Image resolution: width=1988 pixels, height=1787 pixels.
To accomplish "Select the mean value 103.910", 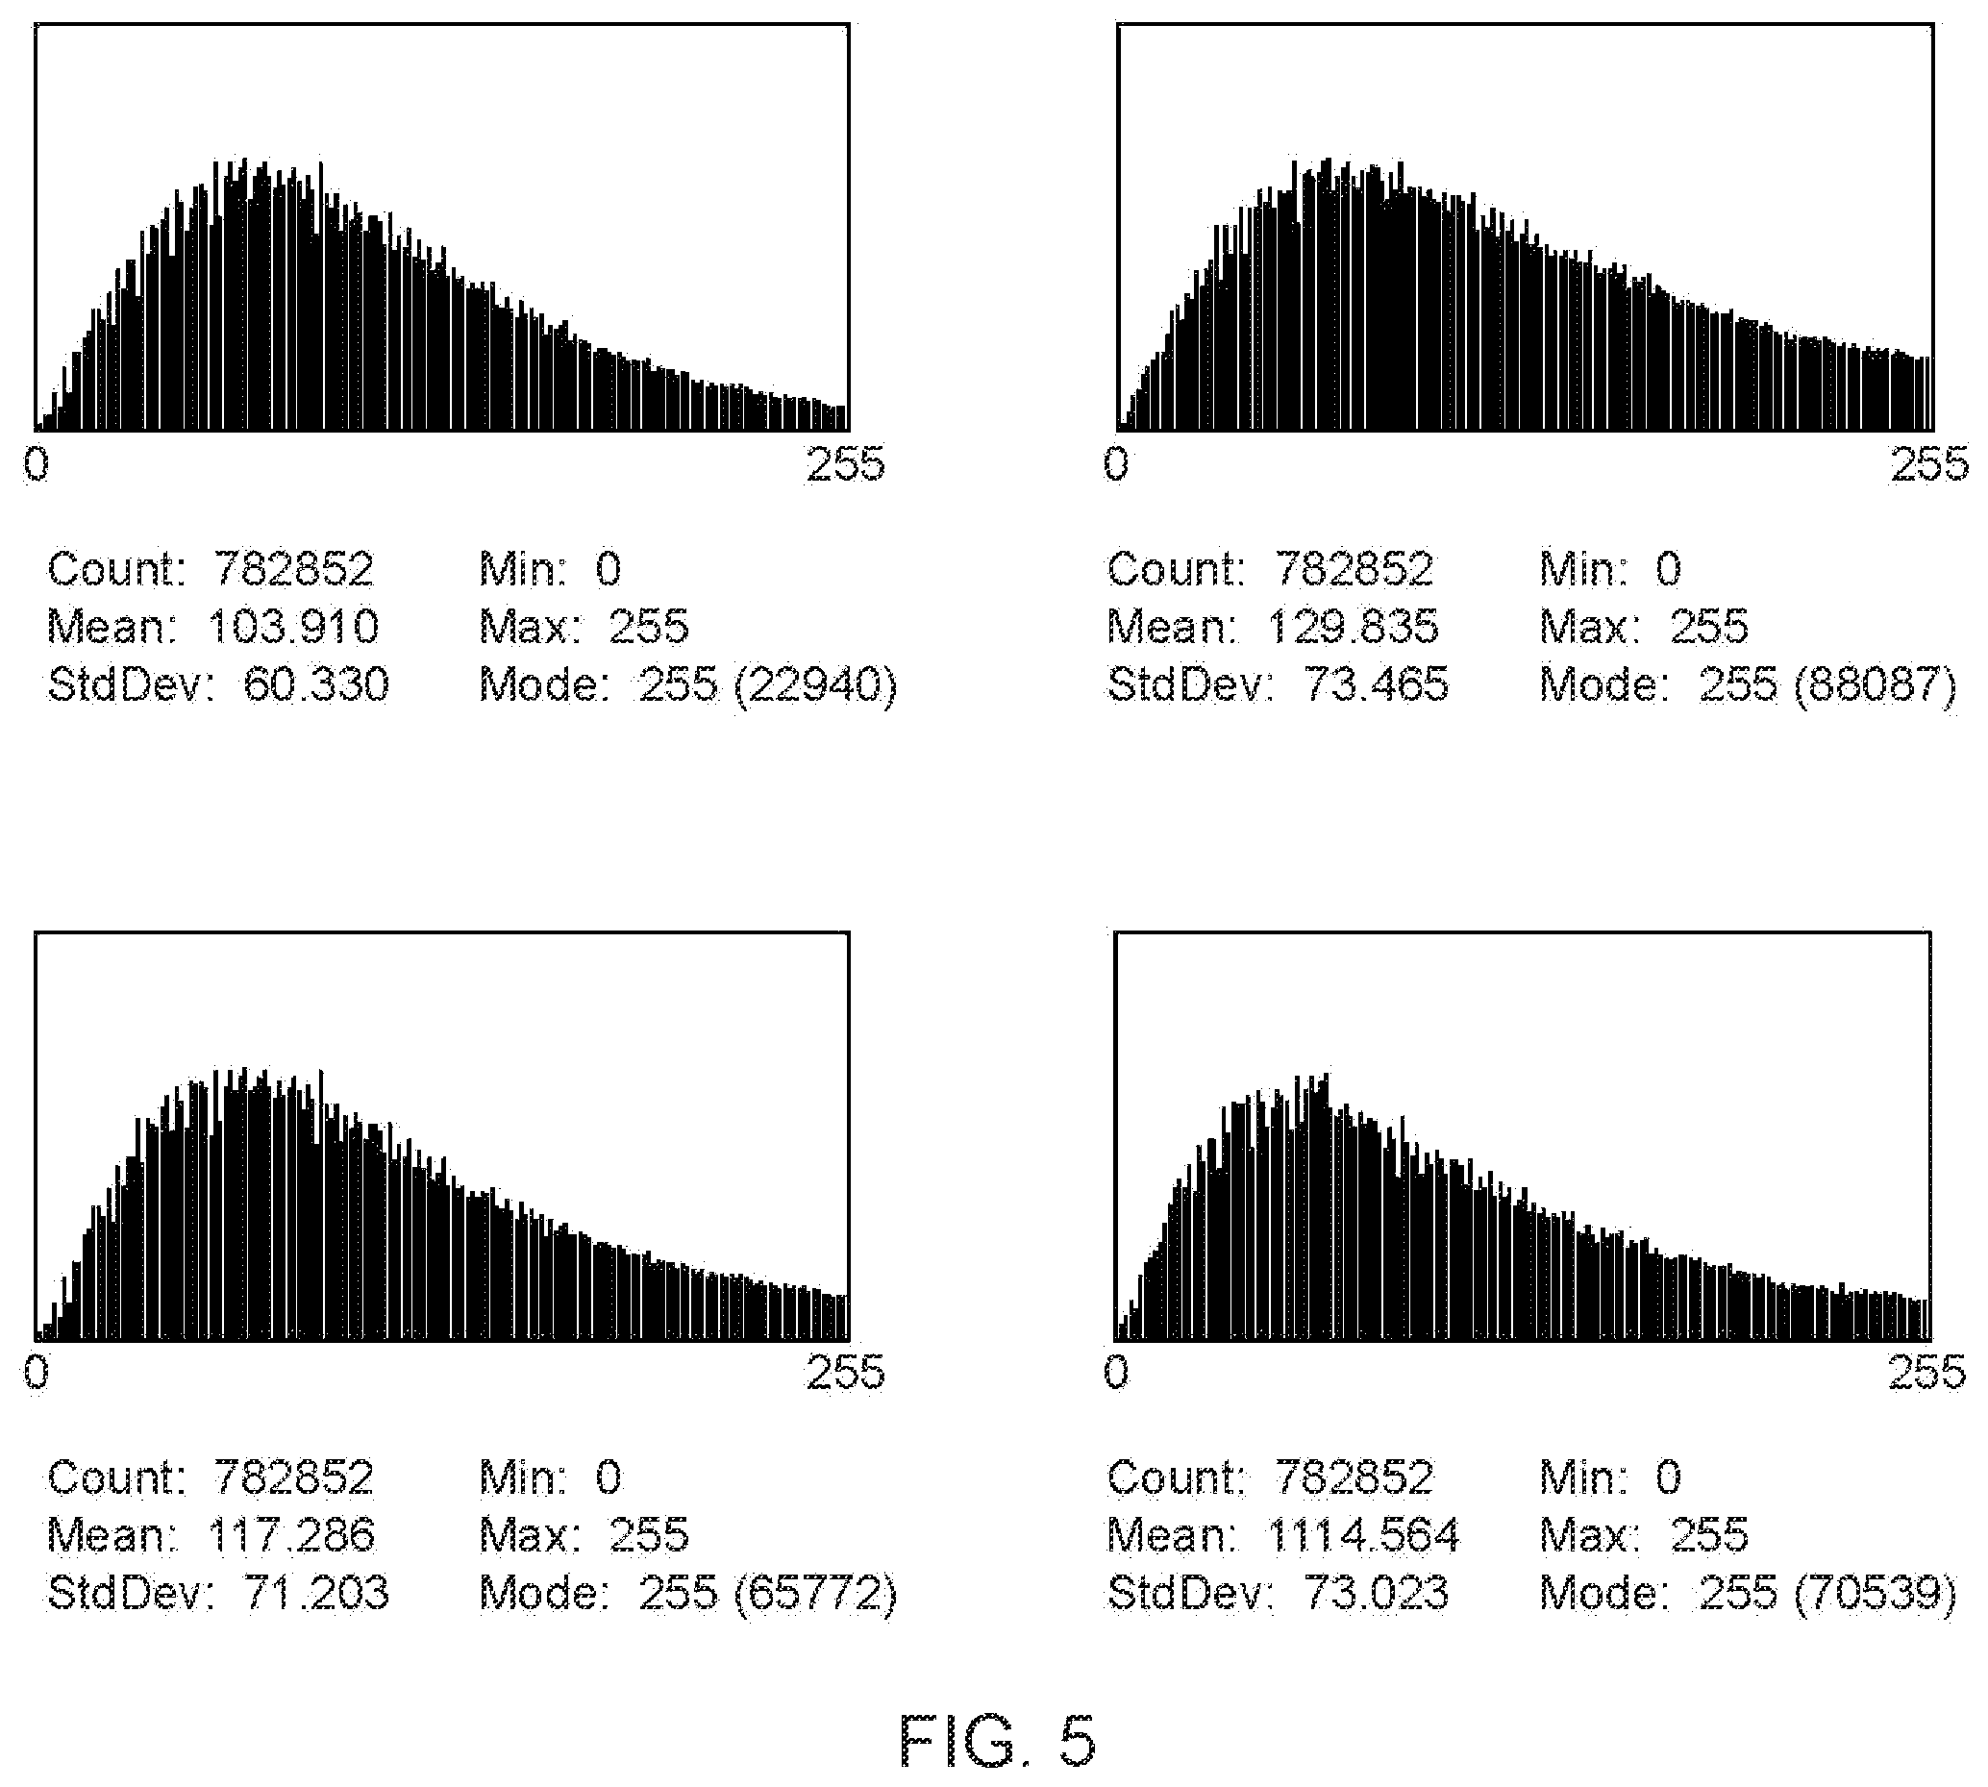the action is click(293, 627).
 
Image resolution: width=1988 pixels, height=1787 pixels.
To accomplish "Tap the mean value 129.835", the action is click(1354, 627).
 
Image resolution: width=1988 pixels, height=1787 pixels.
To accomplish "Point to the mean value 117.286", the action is click(291, 1534).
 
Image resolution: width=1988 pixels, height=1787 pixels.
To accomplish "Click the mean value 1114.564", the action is click(1363, 1534).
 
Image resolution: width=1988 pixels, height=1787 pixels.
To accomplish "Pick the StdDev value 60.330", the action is click(316, 683).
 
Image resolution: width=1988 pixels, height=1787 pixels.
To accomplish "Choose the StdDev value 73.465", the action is click(1377, 683).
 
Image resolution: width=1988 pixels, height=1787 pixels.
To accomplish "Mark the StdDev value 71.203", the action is click(316, 1592).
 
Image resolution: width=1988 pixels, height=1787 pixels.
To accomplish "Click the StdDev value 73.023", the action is click(1377, 1592).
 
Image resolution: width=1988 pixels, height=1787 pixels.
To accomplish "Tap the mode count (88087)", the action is click(1876, 684).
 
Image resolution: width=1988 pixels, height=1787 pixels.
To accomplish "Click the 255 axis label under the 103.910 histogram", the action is click(845, 463).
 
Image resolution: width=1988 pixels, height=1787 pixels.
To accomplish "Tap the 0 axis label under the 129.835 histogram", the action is click(1116, 463).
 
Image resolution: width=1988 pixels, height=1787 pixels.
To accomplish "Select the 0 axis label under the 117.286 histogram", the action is click(37, 1372).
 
